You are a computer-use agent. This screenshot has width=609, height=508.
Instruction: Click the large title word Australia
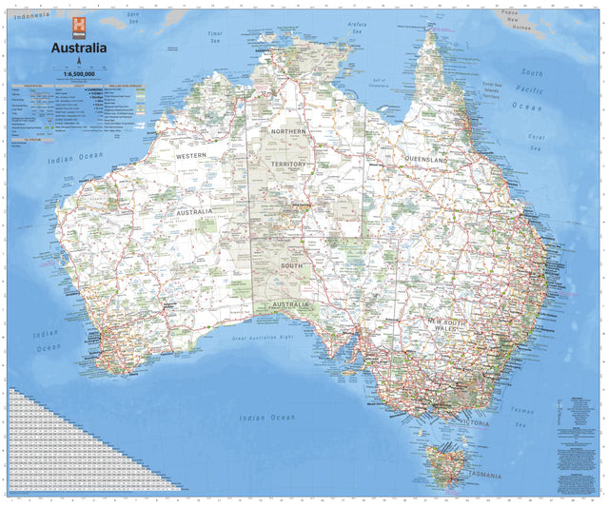click(72, 48)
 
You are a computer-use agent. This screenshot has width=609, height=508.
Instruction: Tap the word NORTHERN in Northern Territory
click(287, 130)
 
